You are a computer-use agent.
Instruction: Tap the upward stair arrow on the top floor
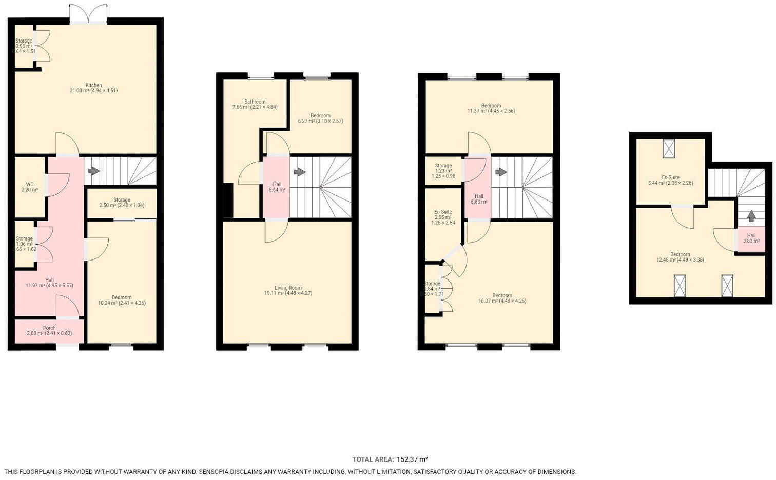coord(751,216)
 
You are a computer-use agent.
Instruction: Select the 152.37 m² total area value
coord(412,459)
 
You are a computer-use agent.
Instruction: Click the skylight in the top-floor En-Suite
coord(670,148)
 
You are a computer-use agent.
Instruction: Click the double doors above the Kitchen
coord(88,14)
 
